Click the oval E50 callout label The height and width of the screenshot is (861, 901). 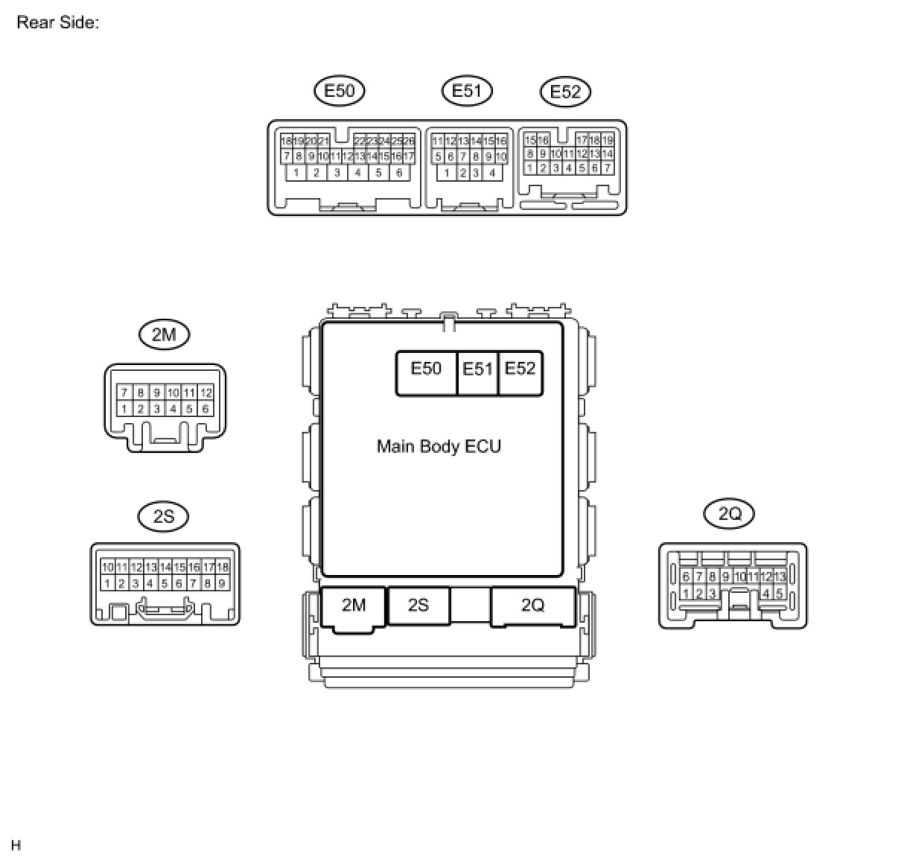(340, 91)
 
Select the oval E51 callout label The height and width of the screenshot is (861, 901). (467, 91)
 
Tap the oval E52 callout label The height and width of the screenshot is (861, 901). (565, 92)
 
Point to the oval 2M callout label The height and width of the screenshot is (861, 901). (164, 334)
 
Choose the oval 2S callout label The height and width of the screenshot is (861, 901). (164, 516)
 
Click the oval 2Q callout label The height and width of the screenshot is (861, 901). (730, 513)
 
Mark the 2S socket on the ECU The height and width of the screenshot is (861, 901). (418, 606)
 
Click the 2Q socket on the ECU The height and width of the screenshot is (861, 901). (532, 606)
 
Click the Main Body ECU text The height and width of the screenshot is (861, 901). (439, 446)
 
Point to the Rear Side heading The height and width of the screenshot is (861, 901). (57, 22)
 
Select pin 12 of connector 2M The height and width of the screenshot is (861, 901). (206, 393)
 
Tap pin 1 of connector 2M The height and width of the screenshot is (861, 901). (124, 409)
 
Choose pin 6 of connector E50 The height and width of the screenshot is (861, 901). (399, 173)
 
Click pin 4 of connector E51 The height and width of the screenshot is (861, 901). (492, 173)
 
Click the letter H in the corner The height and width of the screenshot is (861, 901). (16, 845)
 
